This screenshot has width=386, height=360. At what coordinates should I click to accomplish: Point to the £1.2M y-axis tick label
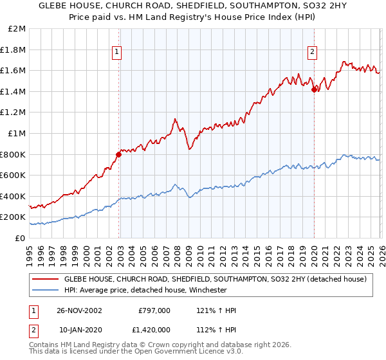coord(14,113)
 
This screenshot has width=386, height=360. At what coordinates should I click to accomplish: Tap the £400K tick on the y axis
coord(14,196)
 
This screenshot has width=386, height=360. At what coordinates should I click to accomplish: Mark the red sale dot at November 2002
coord(119,154)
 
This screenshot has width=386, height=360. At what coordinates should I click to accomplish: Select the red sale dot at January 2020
coord(313,89)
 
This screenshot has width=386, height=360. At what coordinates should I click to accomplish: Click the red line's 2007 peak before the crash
coord(174,119)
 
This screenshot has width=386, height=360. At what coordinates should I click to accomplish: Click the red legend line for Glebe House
coord(44,279)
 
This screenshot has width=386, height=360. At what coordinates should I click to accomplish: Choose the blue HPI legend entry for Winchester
coord(145,290)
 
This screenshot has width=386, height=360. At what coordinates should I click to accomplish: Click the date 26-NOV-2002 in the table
coord(80,310)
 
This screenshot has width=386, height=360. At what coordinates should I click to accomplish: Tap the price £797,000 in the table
coord(154,310)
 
